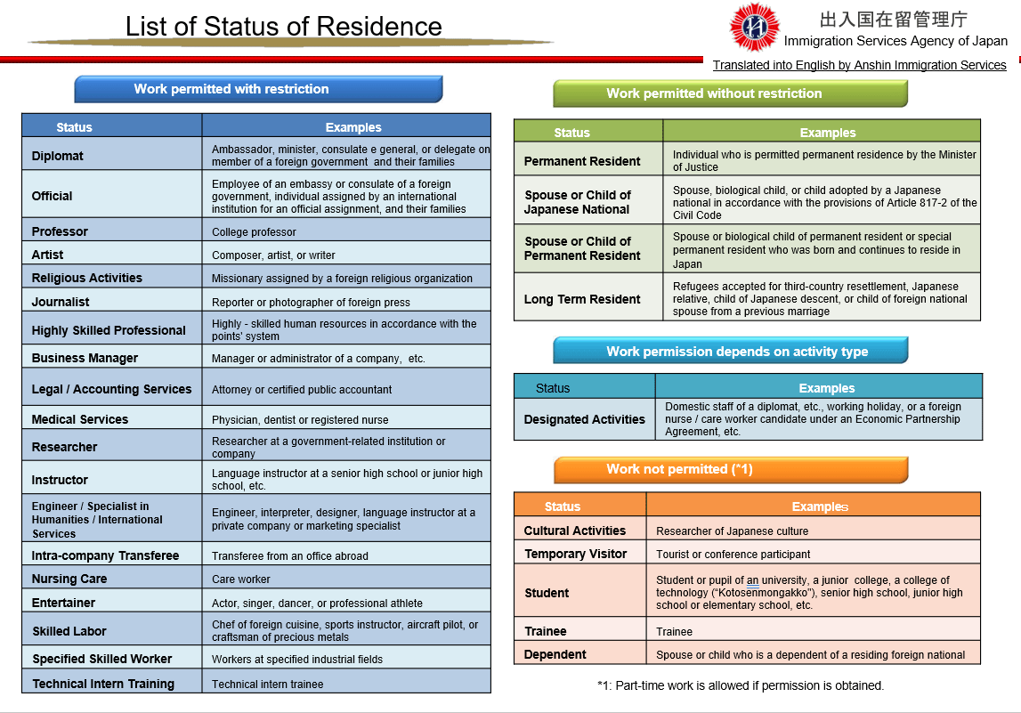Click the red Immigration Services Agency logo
click(754, 28)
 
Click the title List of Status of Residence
click(283, 27)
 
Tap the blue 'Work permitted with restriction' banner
click(257, 89)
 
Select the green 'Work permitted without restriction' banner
click(730, 93)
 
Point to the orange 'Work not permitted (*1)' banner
click(730, 469)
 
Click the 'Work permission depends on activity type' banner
click(730, 351)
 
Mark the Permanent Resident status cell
click(582, 161)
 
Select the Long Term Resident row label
click(582, 299)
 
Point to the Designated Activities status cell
click(584, 419)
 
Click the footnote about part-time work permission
click(740, 685)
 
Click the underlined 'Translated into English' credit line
click(859, 65)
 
